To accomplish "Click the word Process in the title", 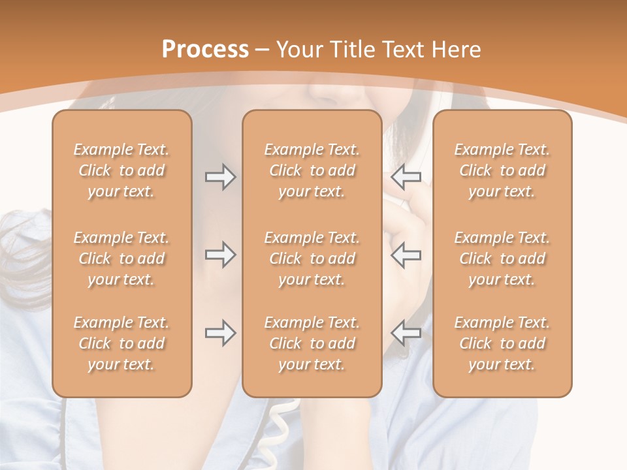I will (x=205, y=50).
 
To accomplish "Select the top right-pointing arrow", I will (x=220, y=177).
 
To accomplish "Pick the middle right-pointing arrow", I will (x=220, y=255).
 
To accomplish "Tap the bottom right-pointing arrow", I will (x=220, y=333).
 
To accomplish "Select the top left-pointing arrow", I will (x=406, y=177).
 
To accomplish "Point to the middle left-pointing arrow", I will (x=406, y=255).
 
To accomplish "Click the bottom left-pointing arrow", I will (x=406, y=333).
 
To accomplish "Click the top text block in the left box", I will (x=121, y=170).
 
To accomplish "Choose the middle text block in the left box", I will (x=121, y=258).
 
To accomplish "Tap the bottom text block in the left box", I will (x=121, y=343).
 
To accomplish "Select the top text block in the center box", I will (x=312, y=170).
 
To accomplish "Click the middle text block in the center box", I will (x=312, y=258).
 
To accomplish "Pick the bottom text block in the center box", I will (x=312, y=343).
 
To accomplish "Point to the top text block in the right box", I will (x=502, y=170).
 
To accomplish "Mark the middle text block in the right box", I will (x=502, y=258).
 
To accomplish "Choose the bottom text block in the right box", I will (x=502, y=343).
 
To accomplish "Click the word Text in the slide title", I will (x=407, y=50).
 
